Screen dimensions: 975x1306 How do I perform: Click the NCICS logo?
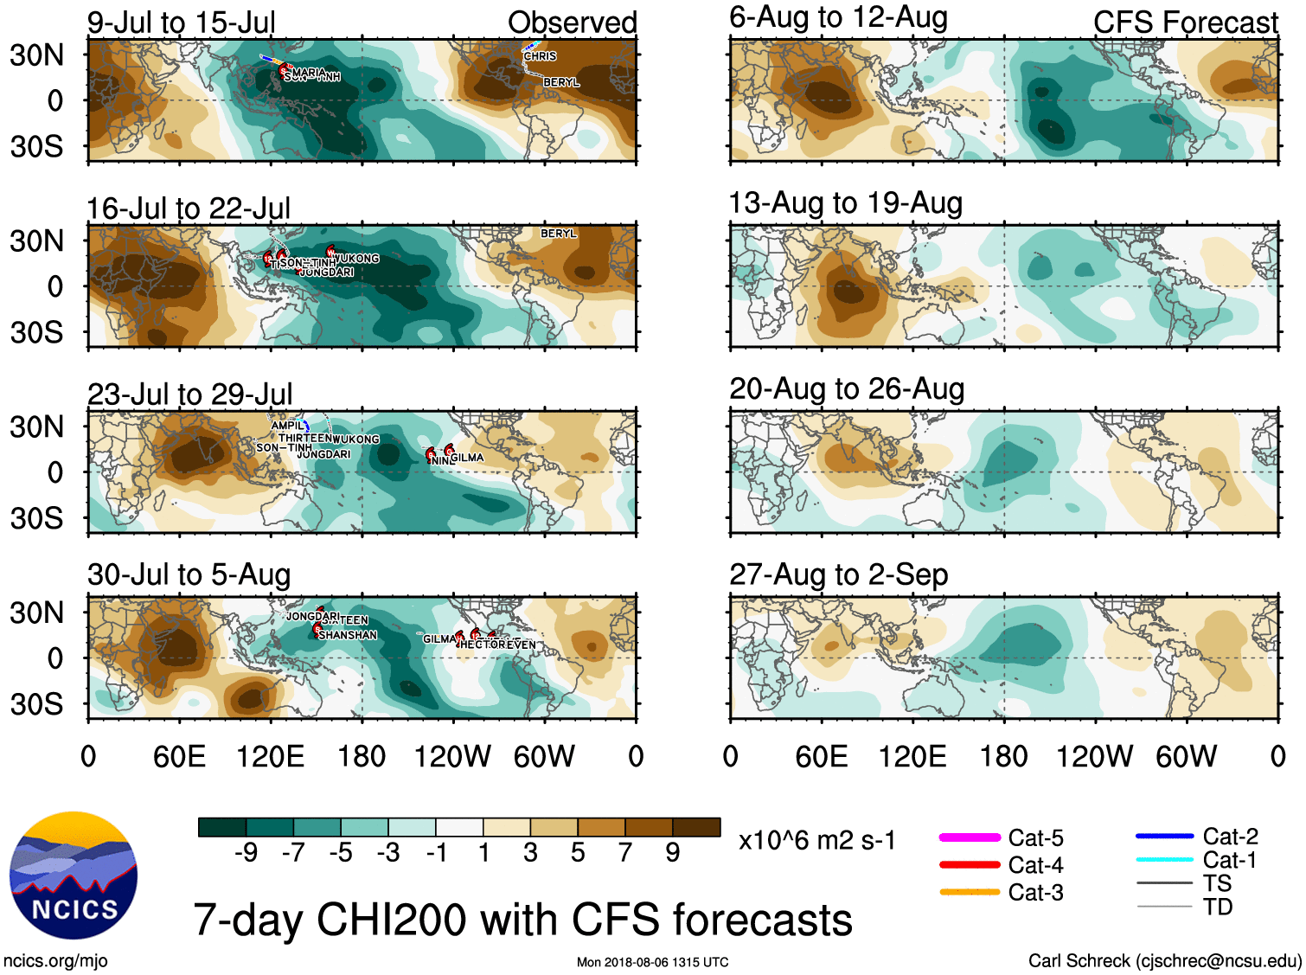tap(74, 875)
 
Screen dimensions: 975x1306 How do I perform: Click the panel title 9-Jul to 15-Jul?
tap(181, 22)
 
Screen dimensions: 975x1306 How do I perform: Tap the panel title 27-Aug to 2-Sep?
tap(838, 574)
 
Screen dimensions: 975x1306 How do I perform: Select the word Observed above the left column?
tap(572, 22)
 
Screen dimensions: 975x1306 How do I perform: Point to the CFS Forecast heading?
tap(1185, 22)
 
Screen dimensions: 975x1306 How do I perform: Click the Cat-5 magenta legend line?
tap(970, 837)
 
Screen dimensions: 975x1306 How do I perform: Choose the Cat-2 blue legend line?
tap(1164, 837)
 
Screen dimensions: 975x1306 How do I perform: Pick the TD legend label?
tap(1217, 907)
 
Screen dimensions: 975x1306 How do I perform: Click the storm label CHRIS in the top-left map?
tap(540, 56)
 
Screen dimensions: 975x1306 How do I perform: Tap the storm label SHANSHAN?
tap(348, 635)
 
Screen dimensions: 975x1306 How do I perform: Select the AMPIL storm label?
tap(287, 426)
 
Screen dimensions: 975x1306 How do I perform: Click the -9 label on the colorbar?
tap(246, 853)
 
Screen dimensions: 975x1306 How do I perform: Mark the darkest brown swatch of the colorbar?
tap(696, 827)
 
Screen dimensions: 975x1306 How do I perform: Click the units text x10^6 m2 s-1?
tap(816, 841)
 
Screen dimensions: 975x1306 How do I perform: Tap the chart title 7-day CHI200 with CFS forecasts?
tap(522, 919)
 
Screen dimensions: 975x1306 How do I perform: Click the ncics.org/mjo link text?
tap(55, 960)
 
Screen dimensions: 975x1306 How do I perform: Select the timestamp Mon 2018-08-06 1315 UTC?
tap(652, 962)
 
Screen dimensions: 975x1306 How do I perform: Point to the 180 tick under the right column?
tap(1003, 757)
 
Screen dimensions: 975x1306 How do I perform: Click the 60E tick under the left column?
tap(179, 757)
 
